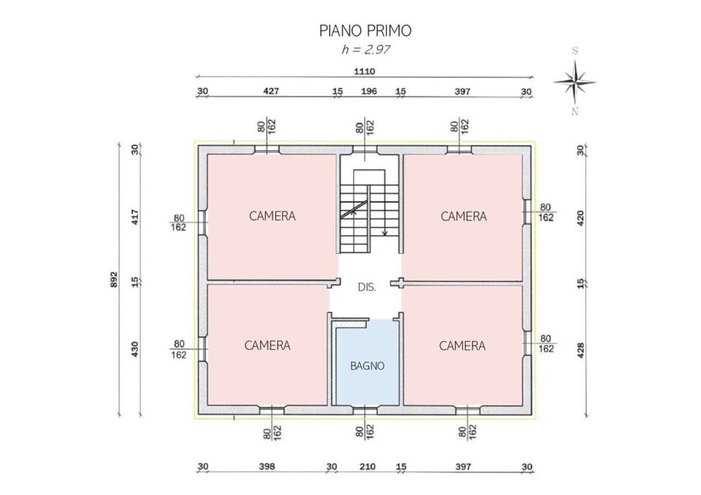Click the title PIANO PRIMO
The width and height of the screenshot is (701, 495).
366,30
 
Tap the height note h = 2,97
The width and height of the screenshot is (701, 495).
366,49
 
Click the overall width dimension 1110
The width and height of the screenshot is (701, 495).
364,71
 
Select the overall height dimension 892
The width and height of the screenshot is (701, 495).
114,280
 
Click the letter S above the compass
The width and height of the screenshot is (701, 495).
575,51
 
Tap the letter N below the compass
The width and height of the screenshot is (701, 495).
575,111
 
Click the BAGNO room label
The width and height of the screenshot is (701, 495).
367,366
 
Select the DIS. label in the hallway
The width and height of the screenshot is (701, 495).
367,287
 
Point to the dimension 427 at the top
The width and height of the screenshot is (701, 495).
271,91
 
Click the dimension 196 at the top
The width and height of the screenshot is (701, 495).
369,91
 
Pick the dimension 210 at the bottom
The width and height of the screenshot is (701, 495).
368,467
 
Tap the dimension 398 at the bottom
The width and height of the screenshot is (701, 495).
267,467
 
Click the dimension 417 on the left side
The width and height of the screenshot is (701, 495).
136,217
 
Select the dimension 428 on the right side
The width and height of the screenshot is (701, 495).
581,350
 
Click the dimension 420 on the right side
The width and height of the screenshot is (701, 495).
581,219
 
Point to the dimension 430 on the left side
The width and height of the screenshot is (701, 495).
136,349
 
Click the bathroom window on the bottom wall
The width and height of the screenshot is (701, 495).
366,409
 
